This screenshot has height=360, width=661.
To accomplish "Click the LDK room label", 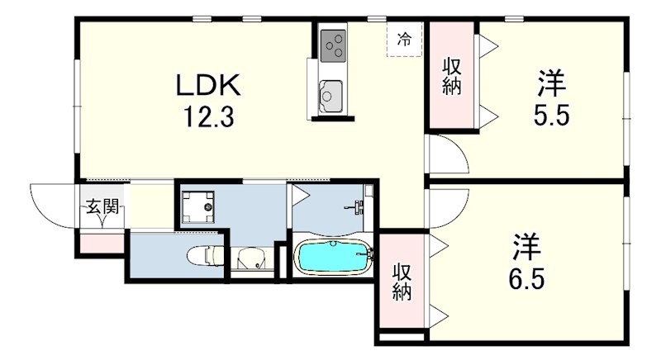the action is pyautogui.click(x=208, y=86).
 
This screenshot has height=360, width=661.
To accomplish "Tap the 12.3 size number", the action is pyautogui.click(x=208, y=116).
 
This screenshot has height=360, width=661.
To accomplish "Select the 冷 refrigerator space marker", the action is pyautogui.click(x=404, y=40).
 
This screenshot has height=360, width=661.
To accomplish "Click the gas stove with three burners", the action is pyautogui.click(x=333, y=45).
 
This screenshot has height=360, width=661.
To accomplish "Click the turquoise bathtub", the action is pyautogui.click(x=333, y=256).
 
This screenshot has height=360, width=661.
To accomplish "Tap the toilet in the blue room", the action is pyautogui.click(x=206, y=255).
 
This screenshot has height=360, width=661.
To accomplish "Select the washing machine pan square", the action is pyautogui.click(x=197, y=206).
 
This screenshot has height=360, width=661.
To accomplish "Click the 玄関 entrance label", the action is pyautogui.click(x=102, y=206).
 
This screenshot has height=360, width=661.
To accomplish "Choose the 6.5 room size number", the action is pyautogui.click(x=526, y=278).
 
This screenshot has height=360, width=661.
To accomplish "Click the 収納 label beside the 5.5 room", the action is pyautogui.click(x=452, y=77).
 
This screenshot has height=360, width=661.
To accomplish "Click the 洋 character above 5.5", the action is pyautogui.click(x=551, y=83).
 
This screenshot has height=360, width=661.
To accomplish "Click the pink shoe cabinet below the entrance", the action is pyautogui.click(x=102, y=244).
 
